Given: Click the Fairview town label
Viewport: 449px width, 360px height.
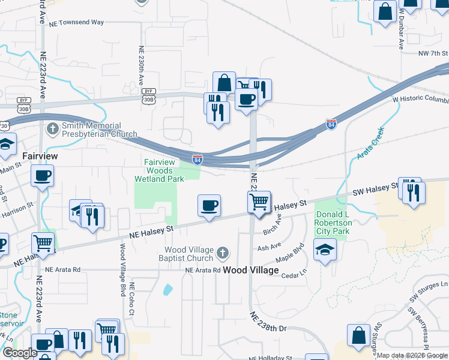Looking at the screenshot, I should point(40,155).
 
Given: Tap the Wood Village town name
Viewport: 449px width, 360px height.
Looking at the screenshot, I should point(251,270).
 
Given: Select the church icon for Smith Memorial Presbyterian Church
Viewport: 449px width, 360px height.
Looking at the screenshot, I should point(53,129).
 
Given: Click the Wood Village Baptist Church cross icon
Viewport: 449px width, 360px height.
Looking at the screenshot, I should point(223,253).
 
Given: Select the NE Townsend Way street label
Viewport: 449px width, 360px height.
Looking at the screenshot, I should point(77,22).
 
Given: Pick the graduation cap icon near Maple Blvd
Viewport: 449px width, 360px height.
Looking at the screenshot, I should point(324,249).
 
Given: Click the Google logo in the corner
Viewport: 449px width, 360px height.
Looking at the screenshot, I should point(19,353).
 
